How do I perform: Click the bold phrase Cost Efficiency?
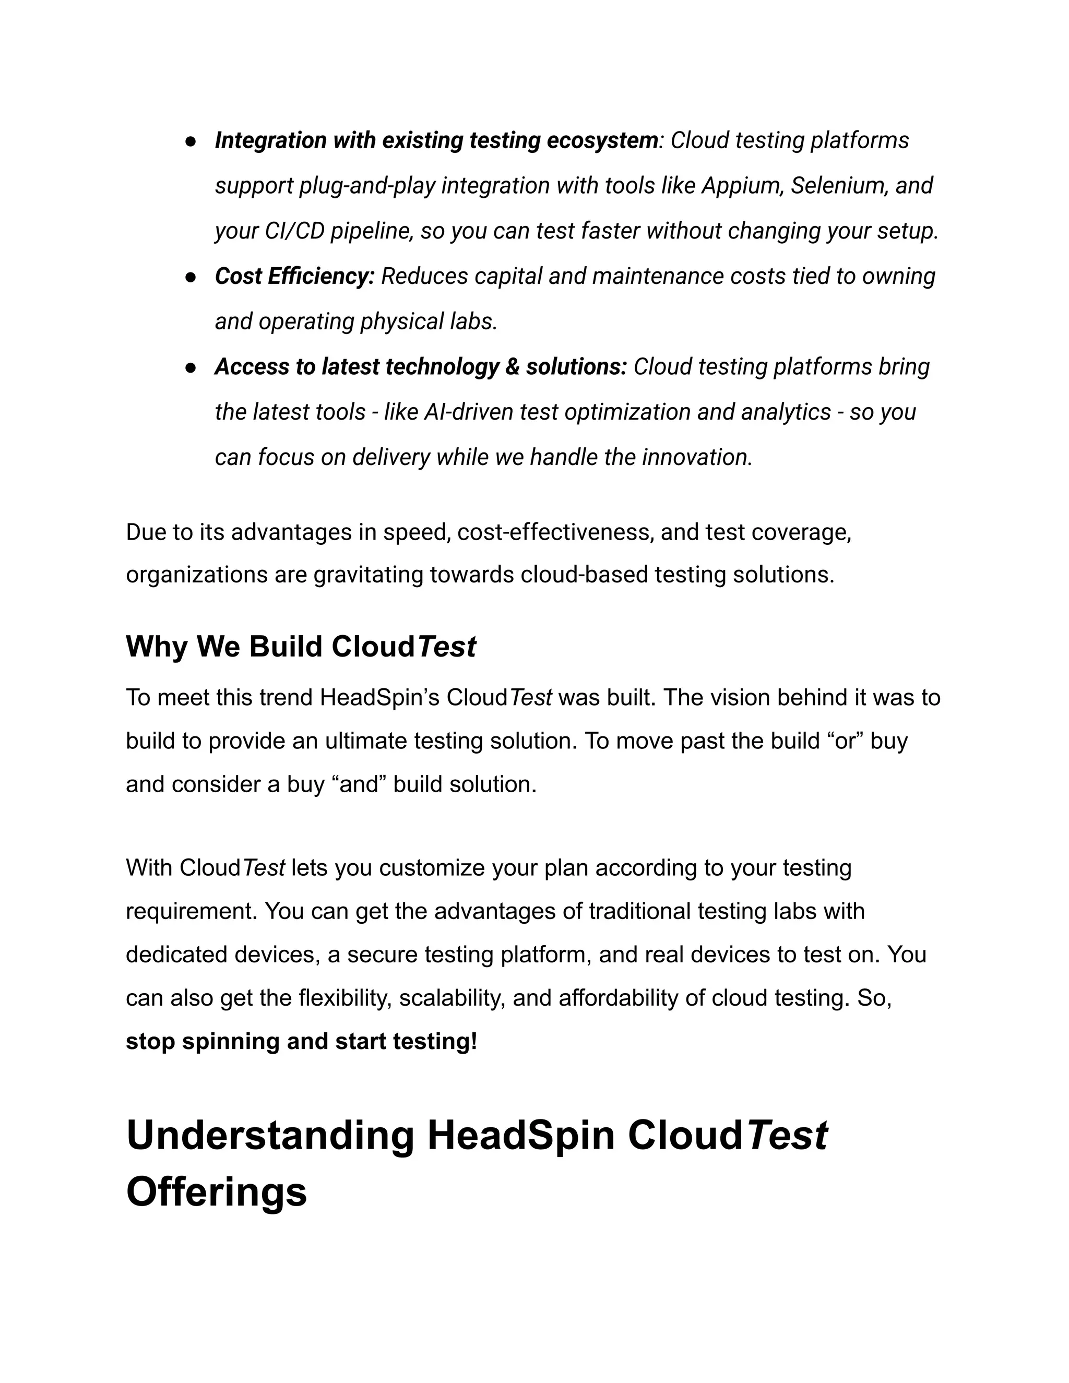pyautogui.click(x=294, y=276)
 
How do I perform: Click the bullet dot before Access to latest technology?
pyautogui.click(x=189, y=368)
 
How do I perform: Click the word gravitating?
pyautogui.click(x=369, y=575)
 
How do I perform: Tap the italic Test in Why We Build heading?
pyautogui.click(x=446, y=647)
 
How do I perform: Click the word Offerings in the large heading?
pyautogui.click(x=217, y=1192)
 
